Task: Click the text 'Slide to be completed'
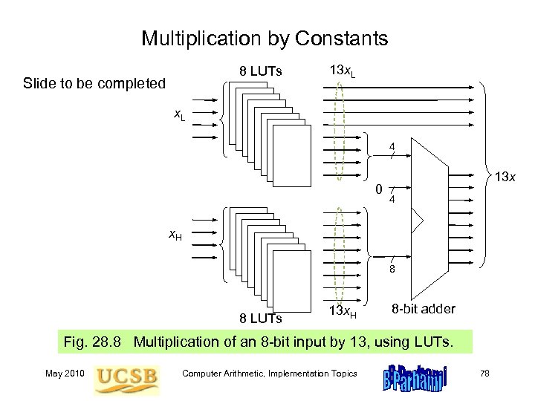(x=94, y=83)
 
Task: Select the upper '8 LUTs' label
(x=260, y=72)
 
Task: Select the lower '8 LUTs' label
(x=260, y=319)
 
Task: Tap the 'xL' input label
(x=180, y=116)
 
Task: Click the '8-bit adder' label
(x=424, y=308)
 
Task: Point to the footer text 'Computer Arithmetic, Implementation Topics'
(x=270, y=374)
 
